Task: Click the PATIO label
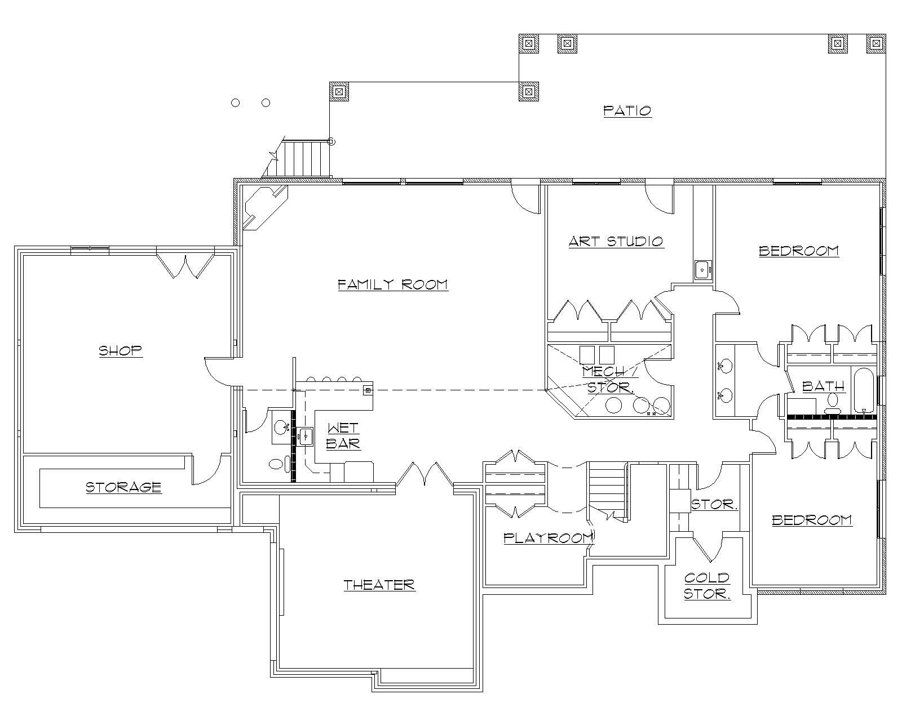[x=627, y=110]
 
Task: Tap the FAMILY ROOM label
[x=392, y=284]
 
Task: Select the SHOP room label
[x=121, y=350]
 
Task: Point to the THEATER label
[x=379, y=585]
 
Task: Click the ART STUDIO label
[x=616, y=242]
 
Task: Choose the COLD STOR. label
[x=707, y=586]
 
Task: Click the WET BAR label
[x=343, y=436]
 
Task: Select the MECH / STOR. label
[x=609, y=379]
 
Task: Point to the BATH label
[x=823, y=386]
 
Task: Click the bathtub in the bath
[x=863, y=391]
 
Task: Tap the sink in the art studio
[x=702, y=270]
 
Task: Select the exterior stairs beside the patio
[x=305, y=158]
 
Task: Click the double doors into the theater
[x=424, y=475]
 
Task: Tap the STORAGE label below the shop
[x=123, y=487]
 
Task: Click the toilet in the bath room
[x=833, y=400]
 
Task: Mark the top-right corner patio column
[x=876, y=43]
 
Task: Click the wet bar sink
[x=306, y=436]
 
